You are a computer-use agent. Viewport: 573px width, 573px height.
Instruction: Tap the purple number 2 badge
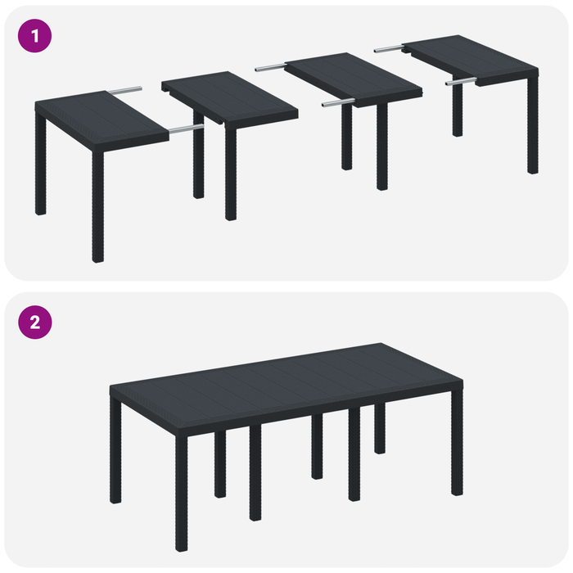point(34,322)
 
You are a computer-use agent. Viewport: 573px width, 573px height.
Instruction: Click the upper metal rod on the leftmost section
point(126,89)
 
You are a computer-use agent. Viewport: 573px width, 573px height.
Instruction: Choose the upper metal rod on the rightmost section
point(391,49)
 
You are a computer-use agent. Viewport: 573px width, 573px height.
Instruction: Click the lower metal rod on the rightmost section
point(460,81)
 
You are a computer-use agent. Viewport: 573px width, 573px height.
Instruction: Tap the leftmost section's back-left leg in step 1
point(40,164)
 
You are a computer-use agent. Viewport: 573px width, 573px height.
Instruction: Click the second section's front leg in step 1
point(231,172)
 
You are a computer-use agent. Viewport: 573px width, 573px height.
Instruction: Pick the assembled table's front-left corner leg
point(181,491)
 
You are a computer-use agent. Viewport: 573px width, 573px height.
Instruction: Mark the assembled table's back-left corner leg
point(115,450)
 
